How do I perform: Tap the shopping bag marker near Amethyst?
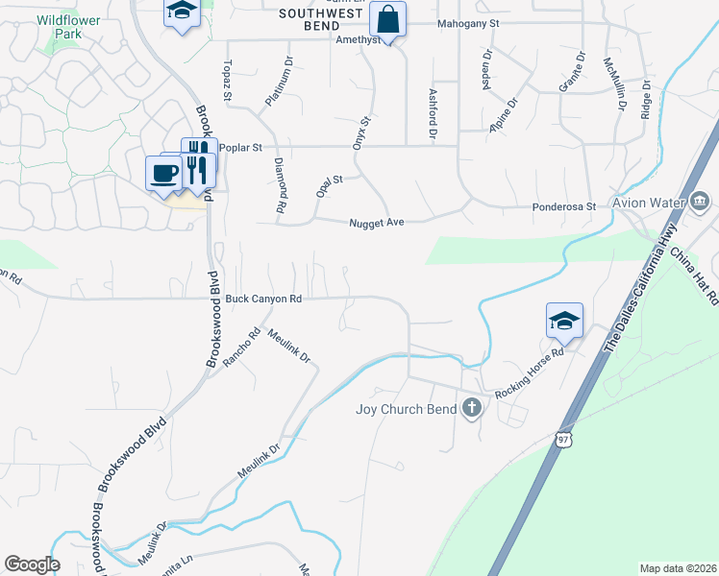pyautogui.click(x=387, y=19)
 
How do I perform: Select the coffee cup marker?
pyautogui.click(x=164, y=173)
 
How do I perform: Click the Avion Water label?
pyautogui.click(x=651, y=202)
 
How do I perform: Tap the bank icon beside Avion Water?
pyautogui.click(x=698, y=202)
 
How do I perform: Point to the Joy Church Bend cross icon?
pyautogui.click(x=471, y=408)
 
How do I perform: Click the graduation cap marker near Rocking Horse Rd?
pyautogui.click(x=564, y=321)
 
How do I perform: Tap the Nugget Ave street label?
pyautogui.click(x=375, y=222)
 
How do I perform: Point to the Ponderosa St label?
pyautogui.click(x=565, y=206)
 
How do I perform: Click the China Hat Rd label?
pyautogui.click(x=694, y=275)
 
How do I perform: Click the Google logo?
pyautogui.click(x=32, y=564)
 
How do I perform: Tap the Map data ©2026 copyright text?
pyautogui.click(x=677, y=568)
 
